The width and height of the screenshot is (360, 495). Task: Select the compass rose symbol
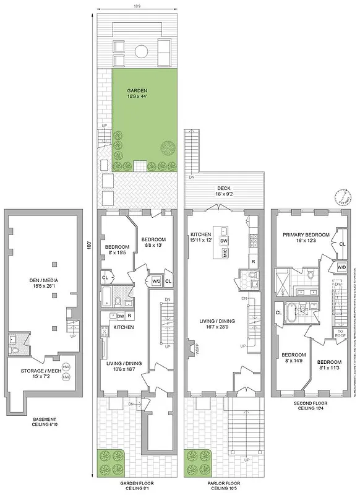(341, 197)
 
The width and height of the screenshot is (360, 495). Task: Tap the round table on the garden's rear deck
(140, 50)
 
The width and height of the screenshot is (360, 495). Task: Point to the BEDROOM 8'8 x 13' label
(153, 242)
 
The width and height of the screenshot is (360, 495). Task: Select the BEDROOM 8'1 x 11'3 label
(329, 364)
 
